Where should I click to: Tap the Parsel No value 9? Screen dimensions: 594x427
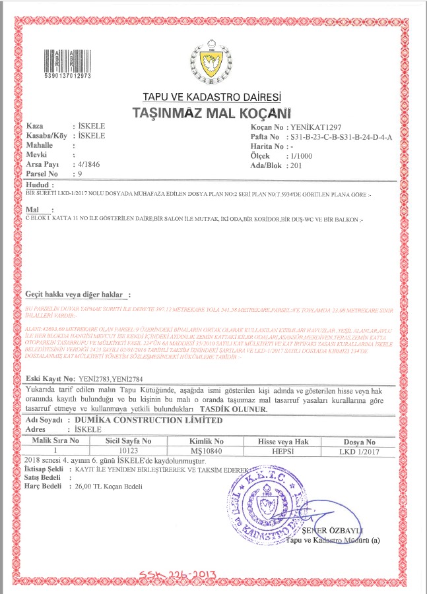tap(80, 173)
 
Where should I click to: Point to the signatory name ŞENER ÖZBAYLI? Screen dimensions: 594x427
tap(335, 531)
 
